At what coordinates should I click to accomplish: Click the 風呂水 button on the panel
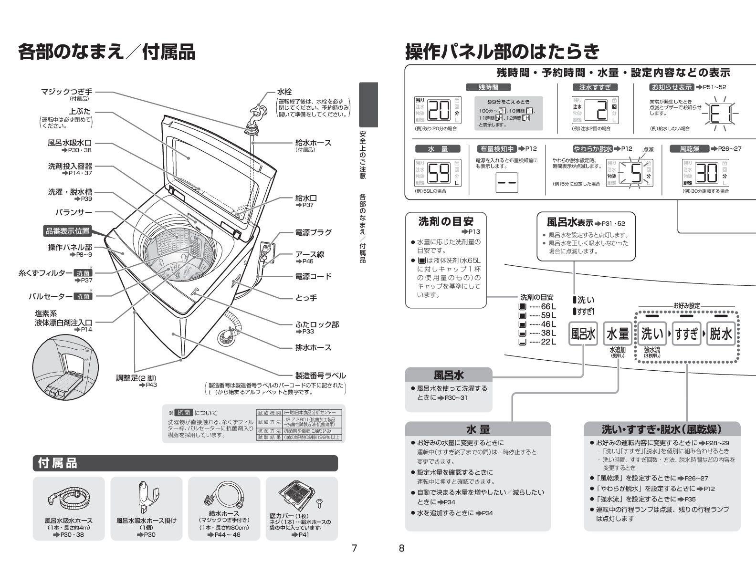583,334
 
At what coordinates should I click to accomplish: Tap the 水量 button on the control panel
618,334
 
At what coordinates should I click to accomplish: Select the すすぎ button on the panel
686,334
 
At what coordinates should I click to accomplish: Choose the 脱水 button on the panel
720,334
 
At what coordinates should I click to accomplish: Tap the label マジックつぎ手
66,92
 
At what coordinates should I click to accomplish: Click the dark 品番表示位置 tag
67,231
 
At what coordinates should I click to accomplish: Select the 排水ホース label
313,347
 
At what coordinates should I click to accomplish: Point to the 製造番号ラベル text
320,375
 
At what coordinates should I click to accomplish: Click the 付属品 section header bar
185,463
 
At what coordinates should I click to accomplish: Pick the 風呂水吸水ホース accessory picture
68,499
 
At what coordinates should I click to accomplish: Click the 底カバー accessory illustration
298,495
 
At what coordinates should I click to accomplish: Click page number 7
354,548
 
